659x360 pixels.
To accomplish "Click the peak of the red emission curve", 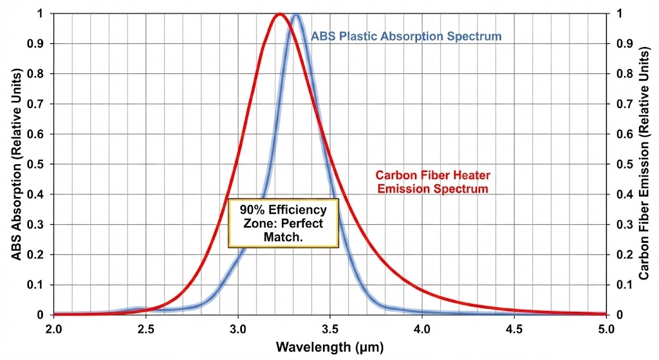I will click(279, 14).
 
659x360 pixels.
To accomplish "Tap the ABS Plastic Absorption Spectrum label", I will click(406, 36).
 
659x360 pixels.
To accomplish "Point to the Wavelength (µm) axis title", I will click(329, 347).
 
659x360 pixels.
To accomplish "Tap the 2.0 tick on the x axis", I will click(54, 328).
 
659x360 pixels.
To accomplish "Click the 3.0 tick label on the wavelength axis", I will click(238, 328).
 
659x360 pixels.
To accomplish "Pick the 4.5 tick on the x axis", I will click(514, 328).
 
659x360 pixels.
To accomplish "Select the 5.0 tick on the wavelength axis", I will click(606, 328).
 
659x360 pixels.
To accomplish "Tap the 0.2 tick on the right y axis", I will click(623, 255).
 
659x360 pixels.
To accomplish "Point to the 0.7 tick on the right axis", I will click(623, 104).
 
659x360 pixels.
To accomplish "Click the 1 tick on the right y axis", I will click(619, 14).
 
